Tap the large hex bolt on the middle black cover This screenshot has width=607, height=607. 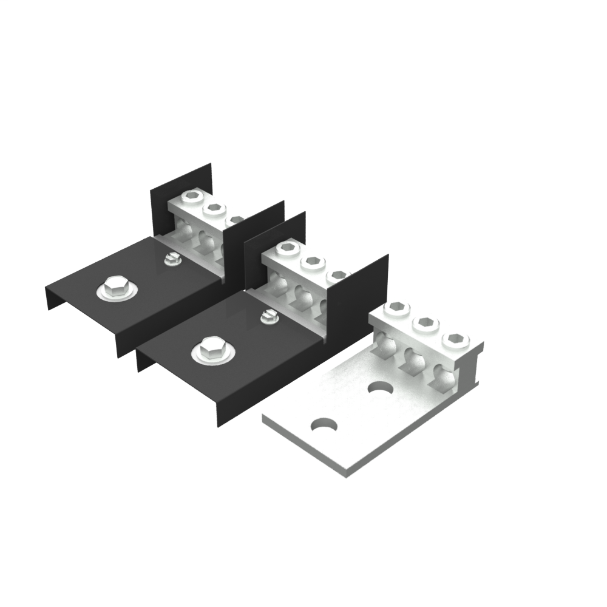click(x=209, y=350)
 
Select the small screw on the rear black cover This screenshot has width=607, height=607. click(x=171, y=260)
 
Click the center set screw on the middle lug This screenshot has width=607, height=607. click(x=312, y=262)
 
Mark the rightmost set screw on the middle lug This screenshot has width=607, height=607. click(x=336, y=275)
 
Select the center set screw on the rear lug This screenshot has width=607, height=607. click(x=214, y=209)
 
